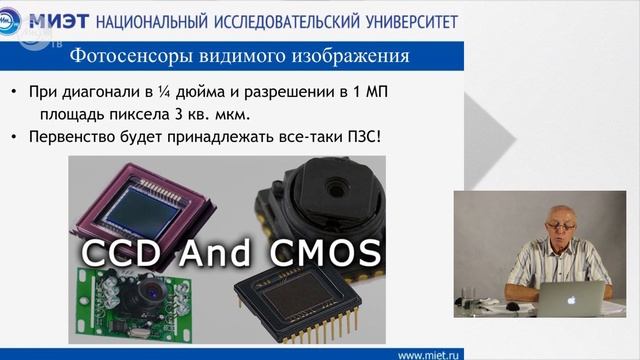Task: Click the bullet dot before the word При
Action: click(13, 91)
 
